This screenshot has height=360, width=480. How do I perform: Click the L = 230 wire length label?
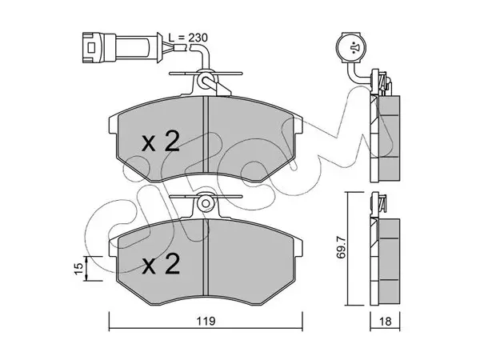click(188, 38)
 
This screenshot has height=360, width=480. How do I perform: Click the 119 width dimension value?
click(206, 322)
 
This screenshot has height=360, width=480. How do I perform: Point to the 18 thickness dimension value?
click(385, 322)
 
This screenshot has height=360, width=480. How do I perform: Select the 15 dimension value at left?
click(79, 268)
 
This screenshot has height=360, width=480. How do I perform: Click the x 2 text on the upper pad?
click(161, 142)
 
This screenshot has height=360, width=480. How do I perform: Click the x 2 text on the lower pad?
click(161, 264)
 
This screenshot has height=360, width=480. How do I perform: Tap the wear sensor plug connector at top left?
click(122, 48)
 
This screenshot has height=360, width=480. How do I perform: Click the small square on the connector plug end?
click(91, 48)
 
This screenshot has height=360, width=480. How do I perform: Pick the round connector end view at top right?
click(351, 47)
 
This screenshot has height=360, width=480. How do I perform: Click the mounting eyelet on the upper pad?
click(205, 79)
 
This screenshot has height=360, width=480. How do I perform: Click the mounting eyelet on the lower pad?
click(206, 203)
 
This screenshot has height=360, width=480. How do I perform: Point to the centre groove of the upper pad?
click(206, 134)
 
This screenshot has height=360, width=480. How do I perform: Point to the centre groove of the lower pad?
click(206, 257)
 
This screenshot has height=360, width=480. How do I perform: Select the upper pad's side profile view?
click(385, 138)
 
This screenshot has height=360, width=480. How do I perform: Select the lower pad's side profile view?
click(385, 262)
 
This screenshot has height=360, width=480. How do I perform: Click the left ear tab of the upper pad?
click(114, 125)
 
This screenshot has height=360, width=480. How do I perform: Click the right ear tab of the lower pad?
click(298, 247)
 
